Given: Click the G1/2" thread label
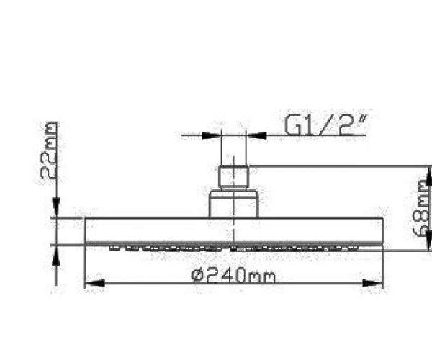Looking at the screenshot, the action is click(x=326, y=125).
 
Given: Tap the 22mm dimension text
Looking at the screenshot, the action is click(x=49, y=150).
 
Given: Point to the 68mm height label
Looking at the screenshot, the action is click(x=421, y=208).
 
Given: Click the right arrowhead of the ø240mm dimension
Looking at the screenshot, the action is click(x=372, y=283).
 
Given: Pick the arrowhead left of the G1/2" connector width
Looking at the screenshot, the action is click(x=211, y=135).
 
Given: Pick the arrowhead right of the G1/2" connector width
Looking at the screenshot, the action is click(x=256, y=135).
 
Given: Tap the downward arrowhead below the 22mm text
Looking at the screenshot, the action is click(x=56, y=207).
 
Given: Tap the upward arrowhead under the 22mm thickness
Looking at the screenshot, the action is click(x=56, y=256).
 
